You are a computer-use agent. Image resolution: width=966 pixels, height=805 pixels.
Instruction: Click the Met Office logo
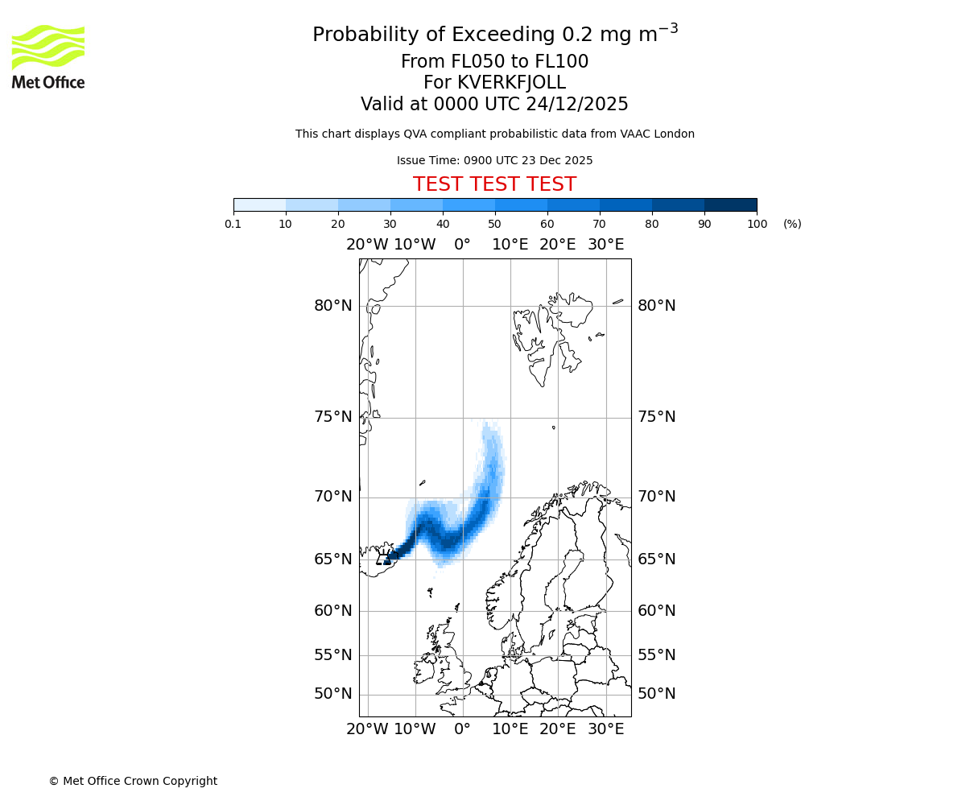coord(48,56)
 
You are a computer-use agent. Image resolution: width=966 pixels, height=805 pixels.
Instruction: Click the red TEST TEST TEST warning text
coord(494,184)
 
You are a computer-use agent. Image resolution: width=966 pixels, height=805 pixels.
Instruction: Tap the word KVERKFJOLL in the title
coord(511,83)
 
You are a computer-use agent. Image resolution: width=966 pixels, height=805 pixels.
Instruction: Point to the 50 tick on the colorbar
coord(494,224)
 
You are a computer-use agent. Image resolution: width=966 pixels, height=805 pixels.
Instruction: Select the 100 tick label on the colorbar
coord(757,224)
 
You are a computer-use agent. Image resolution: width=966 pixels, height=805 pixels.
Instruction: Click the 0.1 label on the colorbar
coord(233,224)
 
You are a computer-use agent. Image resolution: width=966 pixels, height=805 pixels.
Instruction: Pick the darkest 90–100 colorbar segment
coord(730,204)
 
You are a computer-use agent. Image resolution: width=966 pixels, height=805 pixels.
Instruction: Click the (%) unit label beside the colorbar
coord(792,224)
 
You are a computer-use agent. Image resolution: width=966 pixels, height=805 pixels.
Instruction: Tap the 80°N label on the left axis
coord(333,306)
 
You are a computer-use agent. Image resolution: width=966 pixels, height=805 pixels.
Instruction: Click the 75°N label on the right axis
coord(657,417)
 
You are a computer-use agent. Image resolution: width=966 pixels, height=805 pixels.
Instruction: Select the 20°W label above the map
coord(367,245)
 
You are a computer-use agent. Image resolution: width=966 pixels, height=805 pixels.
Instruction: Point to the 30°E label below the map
coord(605,729)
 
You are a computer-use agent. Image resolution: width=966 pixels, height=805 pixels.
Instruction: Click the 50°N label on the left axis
coord(333,694)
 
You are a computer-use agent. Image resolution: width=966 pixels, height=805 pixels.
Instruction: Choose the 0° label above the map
coord(462,245)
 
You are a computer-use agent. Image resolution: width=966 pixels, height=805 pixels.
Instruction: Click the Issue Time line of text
coord(494,161)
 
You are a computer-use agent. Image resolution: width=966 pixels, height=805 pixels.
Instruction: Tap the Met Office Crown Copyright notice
coord(133,781)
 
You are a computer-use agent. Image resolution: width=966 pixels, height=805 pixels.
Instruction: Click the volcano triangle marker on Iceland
coord(384,559)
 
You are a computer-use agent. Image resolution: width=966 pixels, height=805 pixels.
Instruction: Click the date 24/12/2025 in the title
coord(577,105)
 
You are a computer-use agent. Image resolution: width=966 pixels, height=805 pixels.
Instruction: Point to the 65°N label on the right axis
coord(657,559)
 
